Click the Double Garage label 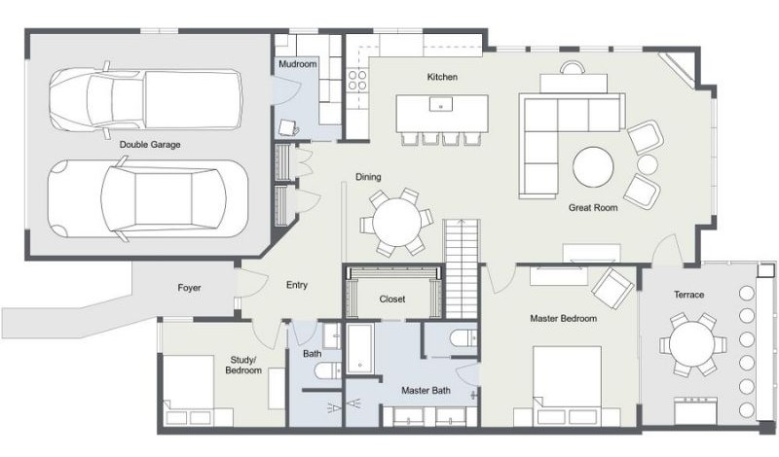pos(150,145)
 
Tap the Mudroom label pos(297,64)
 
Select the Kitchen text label pos(441,77)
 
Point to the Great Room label pos(593,207)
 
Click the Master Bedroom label pos(563,318)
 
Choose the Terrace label pos(688,295)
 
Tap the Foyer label pos(189,288)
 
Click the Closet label pos(391,299)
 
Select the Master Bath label pos(426,391)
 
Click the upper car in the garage pos(146,97)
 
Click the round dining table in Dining pos(396,222)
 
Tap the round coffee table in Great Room pos(592,166)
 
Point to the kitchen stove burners pos(357,79)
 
